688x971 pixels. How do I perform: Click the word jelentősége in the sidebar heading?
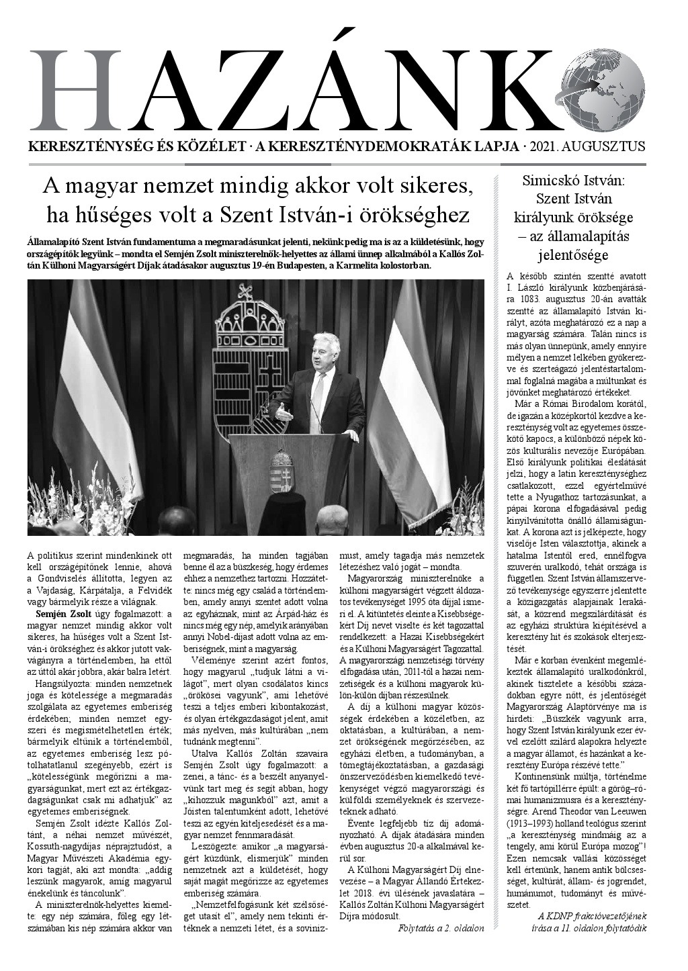573,255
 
